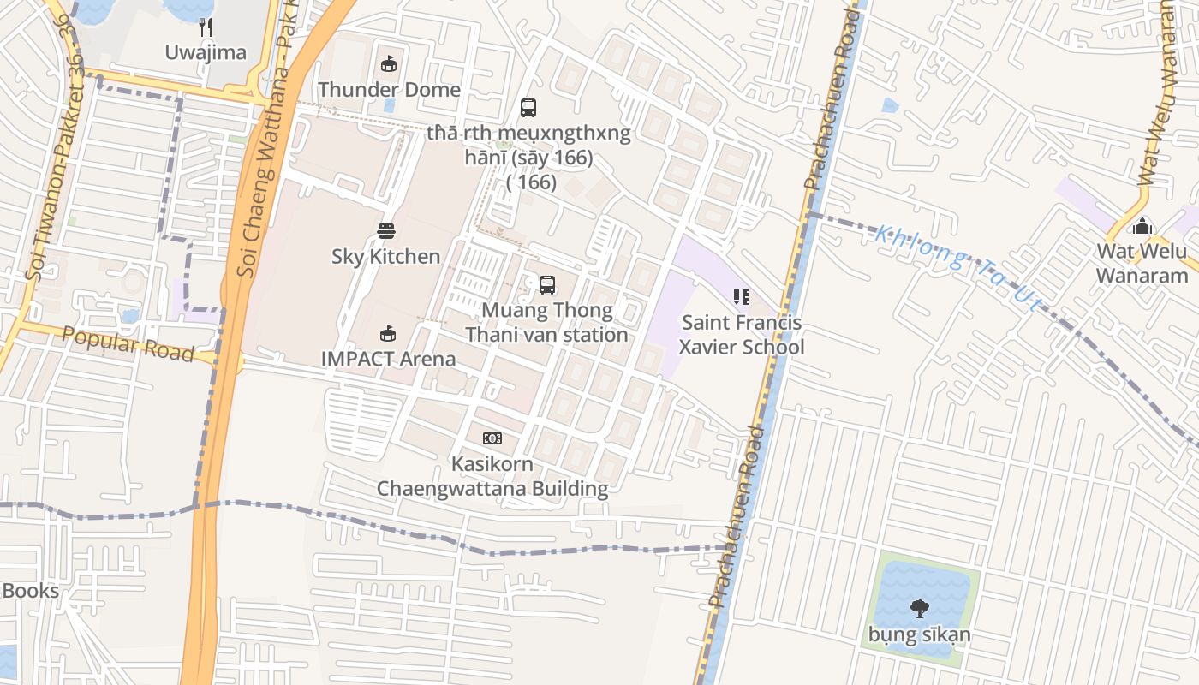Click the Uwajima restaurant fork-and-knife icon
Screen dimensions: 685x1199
[x=206, y=27]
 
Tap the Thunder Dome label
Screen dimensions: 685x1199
[x=389, y=89]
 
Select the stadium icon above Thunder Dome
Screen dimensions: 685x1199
[x=389, y=63]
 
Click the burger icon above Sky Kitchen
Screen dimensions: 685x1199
[x=386, y=230]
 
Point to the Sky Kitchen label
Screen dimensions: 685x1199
[x=386, y=256]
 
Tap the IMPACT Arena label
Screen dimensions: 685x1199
[x=389, y=358]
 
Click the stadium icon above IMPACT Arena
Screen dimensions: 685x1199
[x=388, y=333]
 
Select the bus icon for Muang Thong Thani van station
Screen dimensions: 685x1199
[x=547, y=285]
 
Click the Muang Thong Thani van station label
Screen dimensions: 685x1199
[x=547, y=322]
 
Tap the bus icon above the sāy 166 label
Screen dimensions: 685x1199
[x=528, y=108]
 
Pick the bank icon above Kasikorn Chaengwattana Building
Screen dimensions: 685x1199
[x=492, y=438]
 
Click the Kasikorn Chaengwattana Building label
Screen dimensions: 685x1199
[x=492, y=476]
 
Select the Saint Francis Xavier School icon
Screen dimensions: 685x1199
[x=742, y=297]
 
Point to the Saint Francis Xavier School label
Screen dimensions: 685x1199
[x=742, y=335]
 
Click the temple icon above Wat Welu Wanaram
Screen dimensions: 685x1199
[x=1142, y=227]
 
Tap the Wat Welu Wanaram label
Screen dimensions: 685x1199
[x=1142, y=263]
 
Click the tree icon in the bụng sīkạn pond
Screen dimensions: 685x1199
[x=919, y=609]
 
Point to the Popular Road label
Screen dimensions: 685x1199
[x=128, y=344]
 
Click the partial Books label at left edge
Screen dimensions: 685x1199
[x=31, y=591]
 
